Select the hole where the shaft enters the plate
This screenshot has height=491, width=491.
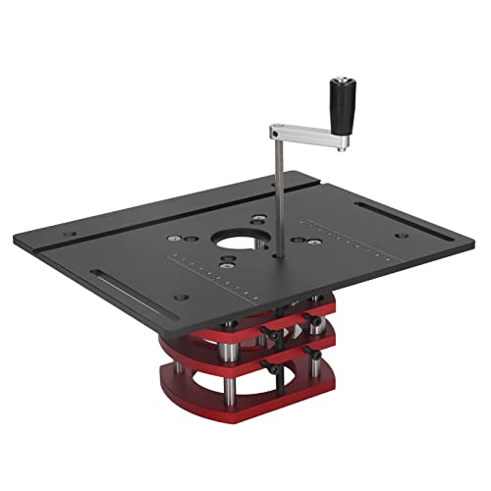tap(279, 258)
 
